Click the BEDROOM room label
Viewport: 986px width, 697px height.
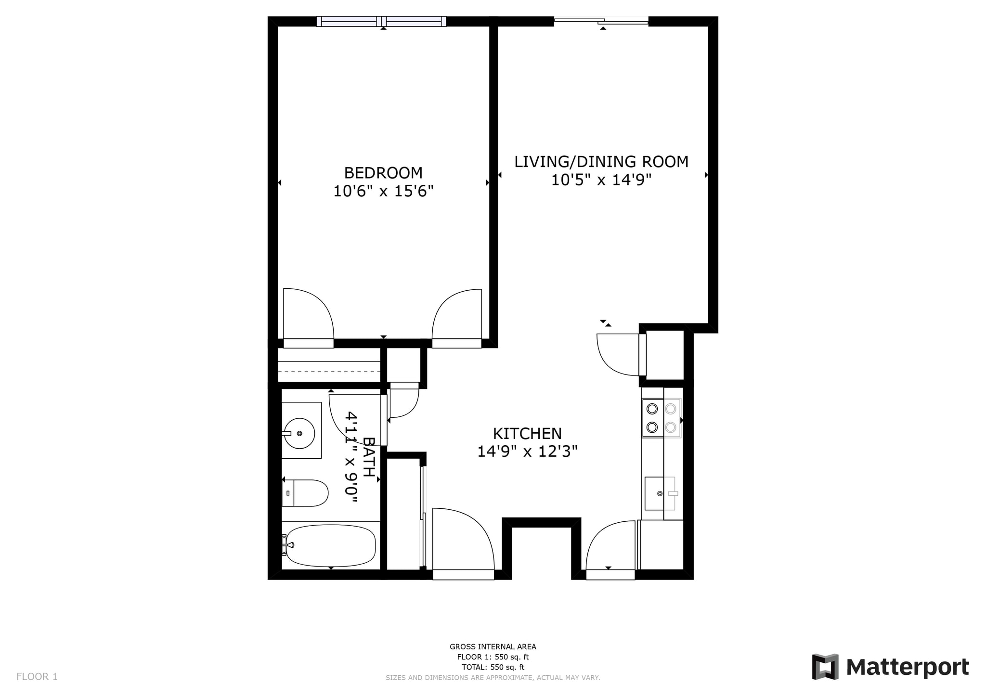pyautogui.click(x=383, y=173)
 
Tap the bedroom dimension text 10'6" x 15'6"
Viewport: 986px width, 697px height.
pyautogui.click(x=383, y=192)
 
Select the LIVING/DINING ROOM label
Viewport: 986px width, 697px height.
pyautogui.click(x=601, y=162)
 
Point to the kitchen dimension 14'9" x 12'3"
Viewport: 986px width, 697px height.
pyautogui.click(x=527, y=452)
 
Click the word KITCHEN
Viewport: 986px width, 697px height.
pyautogui.click(x=527, y=434)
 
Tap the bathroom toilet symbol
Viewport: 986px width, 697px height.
pyautogui.click(x=305, y=493)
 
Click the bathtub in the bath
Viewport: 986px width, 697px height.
pyautogui.click(x=330, y=545)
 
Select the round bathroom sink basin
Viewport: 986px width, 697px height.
pyautogui.click(x=299, y=433)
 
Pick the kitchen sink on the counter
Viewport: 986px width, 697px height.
pyautogui.click(x=659, y=493)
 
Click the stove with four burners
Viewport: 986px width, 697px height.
pyautogui.click(x=661, y=418)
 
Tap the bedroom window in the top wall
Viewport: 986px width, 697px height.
pyautogui.click(x=381, y=21)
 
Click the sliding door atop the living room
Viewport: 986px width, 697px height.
pyautogui.click(x=601, y=20)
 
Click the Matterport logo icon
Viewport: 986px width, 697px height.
pyautogui.click(x=825, y=667)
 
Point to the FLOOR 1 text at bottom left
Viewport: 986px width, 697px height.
pyautogui.click(x=37, y=677)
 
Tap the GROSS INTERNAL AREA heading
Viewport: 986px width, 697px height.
pyautogui.click(x=493, y=647)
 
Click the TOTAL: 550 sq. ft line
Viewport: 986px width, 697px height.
pyautogui.click(x=493, y=667)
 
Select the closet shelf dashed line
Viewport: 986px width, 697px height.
pyautogui.click(x=329, y=372)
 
